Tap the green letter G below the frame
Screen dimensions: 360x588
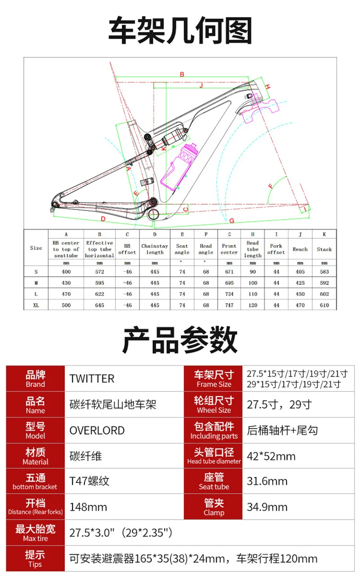click(x=232, y=221)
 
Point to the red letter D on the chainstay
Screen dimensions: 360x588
click(x=103, y=219)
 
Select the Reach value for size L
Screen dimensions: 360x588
click(x=300, y=294)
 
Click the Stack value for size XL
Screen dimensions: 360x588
click(x=324, y=305)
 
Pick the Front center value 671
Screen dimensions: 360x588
click(x=229, y=272)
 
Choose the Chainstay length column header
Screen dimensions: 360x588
click(x=155, y=249)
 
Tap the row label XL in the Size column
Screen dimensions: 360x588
click(x=36, y=305)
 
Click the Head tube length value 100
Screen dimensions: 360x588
click(x=253, y=283)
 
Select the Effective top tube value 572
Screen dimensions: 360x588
click(x=99, y=272)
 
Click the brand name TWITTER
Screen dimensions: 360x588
click(x=92, y=379)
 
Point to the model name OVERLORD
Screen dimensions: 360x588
click(x=97, y=431)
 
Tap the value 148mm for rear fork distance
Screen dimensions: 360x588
click(x=88, y=507)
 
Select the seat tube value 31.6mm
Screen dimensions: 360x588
click(x=267, y=481)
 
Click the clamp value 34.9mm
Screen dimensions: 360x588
click(x=267, y=507)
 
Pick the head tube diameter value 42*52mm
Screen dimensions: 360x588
click(x=271, y=457)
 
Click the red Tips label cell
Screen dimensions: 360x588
click(x=35, y=558)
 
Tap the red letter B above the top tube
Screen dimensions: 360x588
click(x=182, y=75)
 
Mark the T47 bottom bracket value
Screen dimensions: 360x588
click(x=89, y=481)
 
